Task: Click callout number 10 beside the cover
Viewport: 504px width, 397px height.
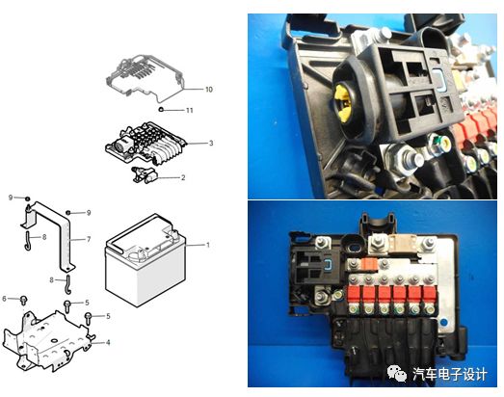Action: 209,90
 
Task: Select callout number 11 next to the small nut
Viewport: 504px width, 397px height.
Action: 190,110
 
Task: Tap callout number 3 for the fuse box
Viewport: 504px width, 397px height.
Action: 211,143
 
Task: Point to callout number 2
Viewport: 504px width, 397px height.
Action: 183,177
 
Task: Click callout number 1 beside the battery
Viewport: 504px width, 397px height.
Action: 208,245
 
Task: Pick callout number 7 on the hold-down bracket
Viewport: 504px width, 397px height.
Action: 89,239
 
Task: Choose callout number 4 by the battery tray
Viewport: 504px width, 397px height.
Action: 108,343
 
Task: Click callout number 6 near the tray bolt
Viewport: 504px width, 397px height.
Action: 4,299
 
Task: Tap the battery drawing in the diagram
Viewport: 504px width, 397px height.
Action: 146,260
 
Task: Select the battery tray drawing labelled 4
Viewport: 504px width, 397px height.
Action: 45,341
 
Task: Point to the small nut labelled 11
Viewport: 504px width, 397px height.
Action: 161,110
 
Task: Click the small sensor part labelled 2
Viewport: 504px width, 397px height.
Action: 144,174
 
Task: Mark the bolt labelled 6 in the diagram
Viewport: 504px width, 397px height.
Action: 24,300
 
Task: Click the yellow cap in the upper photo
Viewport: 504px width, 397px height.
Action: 342,102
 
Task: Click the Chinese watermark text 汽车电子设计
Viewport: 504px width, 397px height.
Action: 450,375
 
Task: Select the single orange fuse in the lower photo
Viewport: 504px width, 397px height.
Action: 368,264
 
